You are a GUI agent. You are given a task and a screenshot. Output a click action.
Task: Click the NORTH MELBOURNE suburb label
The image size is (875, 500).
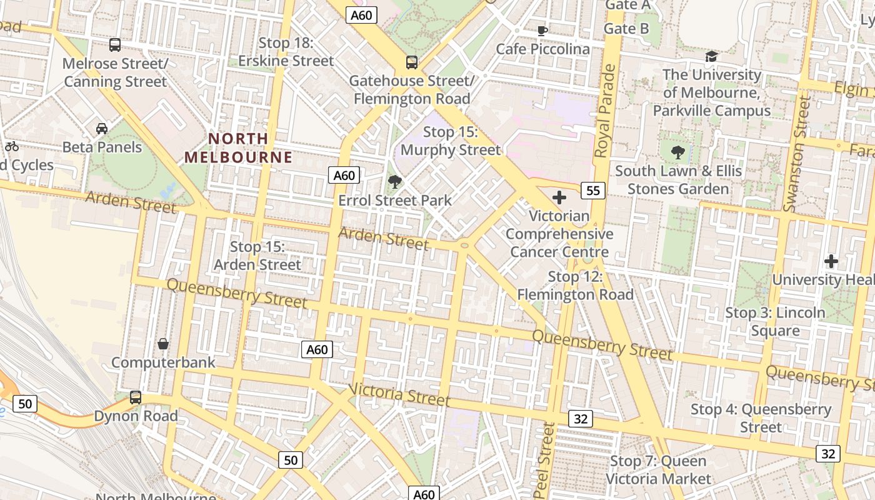(238, 147)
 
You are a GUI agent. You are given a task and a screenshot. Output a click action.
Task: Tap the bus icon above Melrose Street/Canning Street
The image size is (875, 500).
(114, 45)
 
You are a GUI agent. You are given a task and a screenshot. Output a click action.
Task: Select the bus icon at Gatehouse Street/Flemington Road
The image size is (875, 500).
(411, 62)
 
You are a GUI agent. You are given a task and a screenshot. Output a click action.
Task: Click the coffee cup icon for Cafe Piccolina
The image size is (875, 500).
(542, 31)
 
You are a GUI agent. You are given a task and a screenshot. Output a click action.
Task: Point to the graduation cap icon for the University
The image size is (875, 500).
(711, 57)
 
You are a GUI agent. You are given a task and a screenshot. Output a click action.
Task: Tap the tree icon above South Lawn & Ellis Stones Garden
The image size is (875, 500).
(677, 152)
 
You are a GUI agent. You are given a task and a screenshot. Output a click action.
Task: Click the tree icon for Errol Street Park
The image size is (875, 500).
(394, 182)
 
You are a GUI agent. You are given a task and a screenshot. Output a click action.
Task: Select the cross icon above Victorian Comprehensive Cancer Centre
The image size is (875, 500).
(559, 198)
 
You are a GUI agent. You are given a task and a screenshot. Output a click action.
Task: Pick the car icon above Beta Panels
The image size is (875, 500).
(102, 129)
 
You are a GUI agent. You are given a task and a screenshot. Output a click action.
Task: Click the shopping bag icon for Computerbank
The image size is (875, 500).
(162, 344)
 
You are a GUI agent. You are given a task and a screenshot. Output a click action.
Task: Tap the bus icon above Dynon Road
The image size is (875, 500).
(135, 397)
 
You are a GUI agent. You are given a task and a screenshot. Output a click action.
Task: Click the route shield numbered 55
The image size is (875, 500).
(592, 190)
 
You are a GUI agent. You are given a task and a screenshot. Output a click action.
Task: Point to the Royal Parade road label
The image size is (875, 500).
(604, 111)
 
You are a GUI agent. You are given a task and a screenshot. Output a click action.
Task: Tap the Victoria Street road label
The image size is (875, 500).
(399, 394)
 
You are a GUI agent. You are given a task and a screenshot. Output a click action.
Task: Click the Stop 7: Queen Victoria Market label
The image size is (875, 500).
(658, 470)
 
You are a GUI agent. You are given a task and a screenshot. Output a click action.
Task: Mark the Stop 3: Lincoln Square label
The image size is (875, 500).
(775, 321)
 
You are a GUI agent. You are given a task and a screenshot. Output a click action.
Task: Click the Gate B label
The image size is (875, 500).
(626, 29)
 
